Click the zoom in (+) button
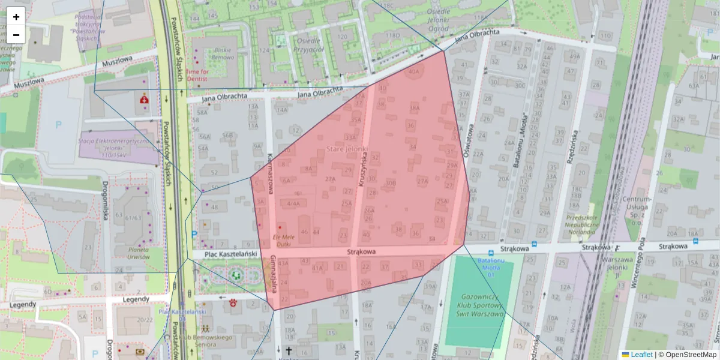[x=16, y=16]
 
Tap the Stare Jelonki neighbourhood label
[x=347, y=148]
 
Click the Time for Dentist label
[x=197, y=74]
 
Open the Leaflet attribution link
[x=641, y=355]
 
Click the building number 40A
[x=413, y=71]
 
